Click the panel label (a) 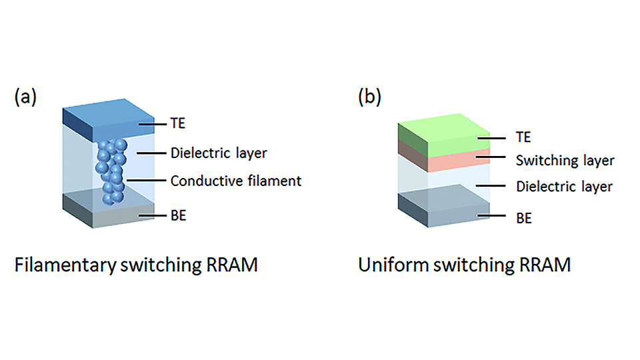tap(25, 97)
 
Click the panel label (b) tap(370, 97)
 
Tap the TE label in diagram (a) tap(178, 124)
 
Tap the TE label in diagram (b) tap(523, 138)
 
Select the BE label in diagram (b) tap(523, 217)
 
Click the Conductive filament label tap(236, 181)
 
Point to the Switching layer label tap(565, 161)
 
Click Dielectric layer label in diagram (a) tap(219, 153)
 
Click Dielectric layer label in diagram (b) tap(564, 187)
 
